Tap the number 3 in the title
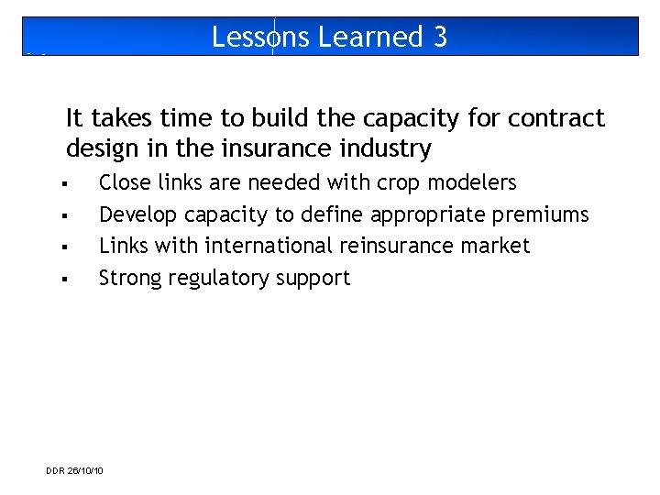coord(441,37)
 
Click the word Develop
coord(138,214)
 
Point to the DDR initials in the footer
coord(55,471)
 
